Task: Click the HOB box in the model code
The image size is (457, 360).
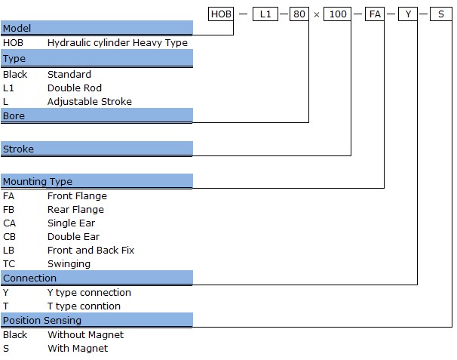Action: point(221,14)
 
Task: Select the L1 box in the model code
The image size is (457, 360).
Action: point(265,14)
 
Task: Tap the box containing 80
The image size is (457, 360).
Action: point(299,14)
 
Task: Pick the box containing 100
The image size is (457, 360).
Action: point(338,14)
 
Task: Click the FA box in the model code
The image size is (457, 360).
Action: point(375,14)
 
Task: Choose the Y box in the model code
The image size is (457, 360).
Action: point(408,14)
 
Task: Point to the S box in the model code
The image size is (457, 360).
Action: point(441,14)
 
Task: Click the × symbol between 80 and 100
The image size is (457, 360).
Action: point(317,14)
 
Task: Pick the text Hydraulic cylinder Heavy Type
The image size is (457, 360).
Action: point(118,43)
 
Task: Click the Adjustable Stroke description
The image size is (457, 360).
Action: point(90,102)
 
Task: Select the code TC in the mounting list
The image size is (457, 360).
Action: point(9,263)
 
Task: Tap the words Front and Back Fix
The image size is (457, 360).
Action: point(90,250)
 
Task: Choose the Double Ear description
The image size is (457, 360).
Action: point(73,236)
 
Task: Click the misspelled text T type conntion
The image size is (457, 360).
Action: point(84,306)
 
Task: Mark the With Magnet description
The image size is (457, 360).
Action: point(78,348)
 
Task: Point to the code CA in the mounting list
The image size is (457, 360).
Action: point(9,223)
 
